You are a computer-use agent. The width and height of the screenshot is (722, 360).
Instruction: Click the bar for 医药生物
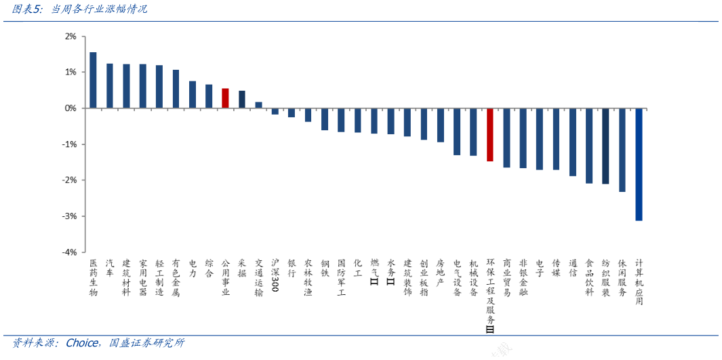coord(93,80)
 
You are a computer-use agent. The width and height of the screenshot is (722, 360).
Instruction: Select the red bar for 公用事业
coord(225,98)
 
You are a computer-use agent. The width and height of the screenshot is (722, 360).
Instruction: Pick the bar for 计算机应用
coord(639,164)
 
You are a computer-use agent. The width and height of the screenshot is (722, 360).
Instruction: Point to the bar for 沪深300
coord(275,111)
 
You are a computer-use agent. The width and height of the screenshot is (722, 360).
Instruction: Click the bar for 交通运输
coord(258,105)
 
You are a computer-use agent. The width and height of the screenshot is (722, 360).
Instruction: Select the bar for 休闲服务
coord(622,150)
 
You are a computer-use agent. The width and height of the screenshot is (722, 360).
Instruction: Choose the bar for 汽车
coord(109,86)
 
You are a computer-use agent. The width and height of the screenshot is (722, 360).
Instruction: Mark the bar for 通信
coord(572,142)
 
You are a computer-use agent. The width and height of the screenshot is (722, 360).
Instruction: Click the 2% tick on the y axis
coord(71,36)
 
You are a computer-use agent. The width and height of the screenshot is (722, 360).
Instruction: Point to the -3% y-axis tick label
coord(69,216)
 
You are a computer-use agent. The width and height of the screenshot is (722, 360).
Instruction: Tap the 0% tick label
coord(71,108)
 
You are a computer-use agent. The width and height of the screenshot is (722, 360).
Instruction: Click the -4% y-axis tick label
coord(69,252)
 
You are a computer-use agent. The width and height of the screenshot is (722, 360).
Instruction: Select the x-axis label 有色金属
coord(176,277)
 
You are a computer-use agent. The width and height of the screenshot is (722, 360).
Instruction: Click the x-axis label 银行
coord(292,267)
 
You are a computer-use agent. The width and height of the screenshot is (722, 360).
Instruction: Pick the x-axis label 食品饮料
coord(589,277)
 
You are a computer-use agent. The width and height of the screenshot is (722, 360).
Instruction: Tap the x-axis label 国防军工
coord(341,277)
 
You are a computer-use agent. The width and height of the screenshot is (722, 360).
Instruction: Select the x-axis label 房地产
coord(441,273)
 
